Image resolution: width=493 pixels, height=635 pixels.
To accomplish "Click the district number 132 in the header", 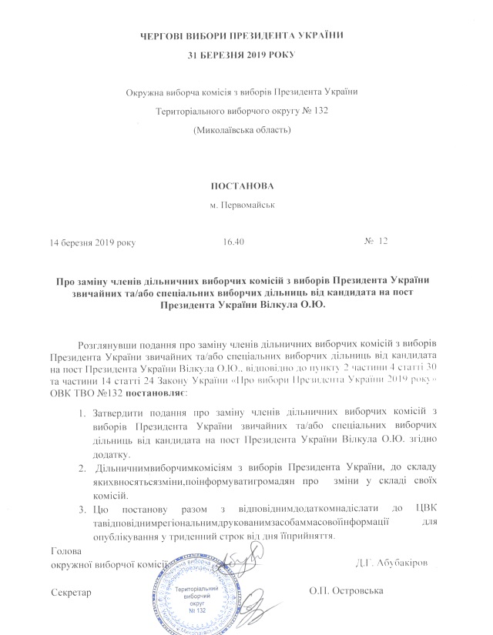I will tap(316, 112).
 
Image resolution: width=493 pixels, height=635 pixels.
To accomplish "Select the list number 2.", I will tap(85, 467).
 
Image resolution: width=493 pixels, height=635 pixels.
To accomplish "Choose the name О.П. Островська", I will tap(347, 593).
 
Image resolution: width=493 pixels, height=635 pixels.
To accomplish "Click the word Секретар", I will tap(71, 593).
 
